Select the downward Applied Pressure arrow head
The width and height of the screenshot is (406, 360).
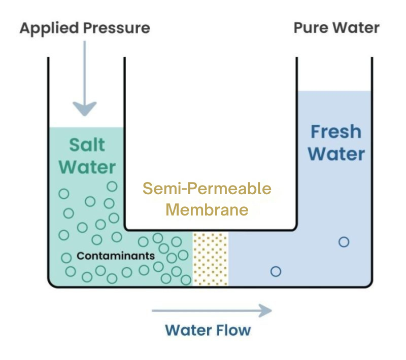[84, 109]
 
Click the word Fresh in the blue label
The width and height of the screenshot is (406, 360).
[335, 132]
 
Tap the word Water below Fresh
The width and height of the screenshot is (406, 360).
[335, 154]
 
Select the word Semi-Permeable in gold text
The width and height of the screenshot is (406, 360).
[207, 189]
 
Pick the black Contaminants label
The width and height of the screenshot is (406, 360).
[115, 256]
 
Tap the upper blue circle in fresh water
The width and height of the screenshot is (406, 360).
[344, 242]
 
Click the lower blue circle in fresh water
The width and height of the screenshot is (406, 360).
[276, 271]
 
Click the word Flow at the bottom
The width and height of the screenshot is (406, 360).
[231, 331]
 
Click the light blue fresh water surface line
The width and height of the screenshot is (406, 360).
[334, 92]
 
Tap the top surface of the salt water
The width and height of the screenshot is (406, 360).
[86, 128]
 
